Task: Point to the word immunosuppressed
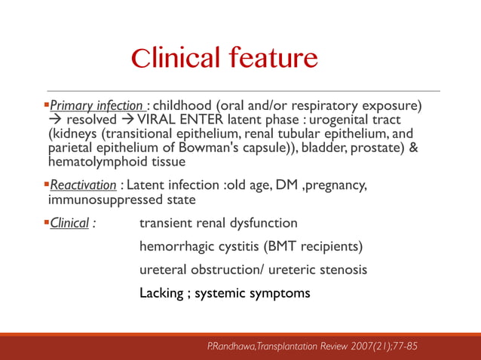98,200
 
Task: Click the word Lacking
161,293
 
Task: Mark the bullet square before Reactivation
46,185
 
